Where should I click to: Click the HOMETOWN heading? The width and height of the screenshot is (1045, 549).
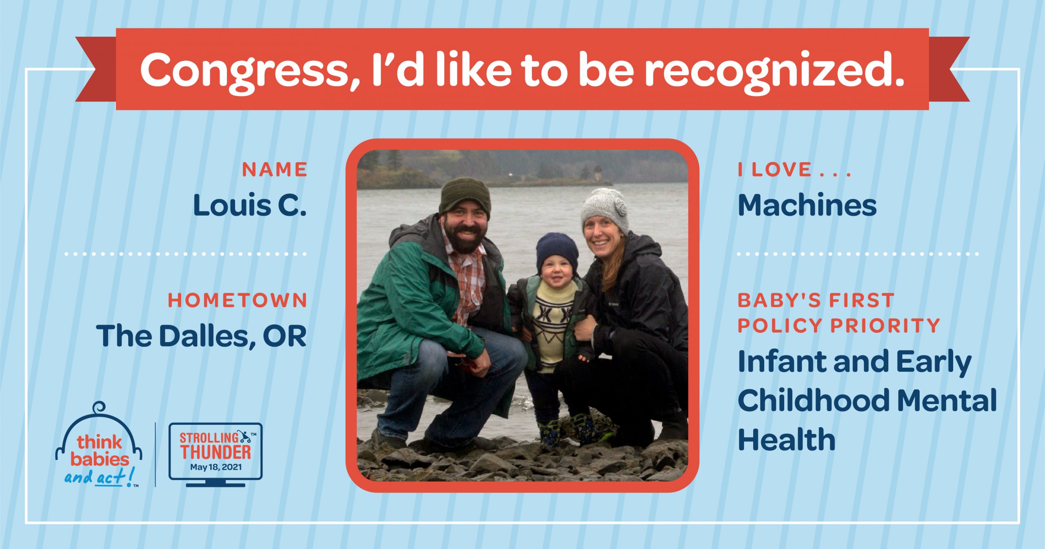click(x=238, y=301)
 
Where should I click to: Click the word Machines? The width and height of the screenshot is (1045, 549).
click(x=807, y=205)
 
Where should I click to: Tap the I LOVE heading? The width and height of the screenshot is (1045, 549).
click(x=794, y=170)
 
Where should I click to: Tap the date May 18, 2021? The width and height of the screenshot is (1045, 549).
click(x=216, y=467)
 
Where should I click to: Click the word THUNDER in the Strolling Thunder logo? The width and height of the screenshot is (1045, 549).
click(x=216, y=452)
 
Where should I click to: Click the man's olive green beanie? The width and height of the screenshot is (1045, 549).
click(x=465, y=196)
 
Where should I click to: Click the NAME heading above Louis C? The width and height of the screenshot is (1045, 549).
click(x=275, y=170)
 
